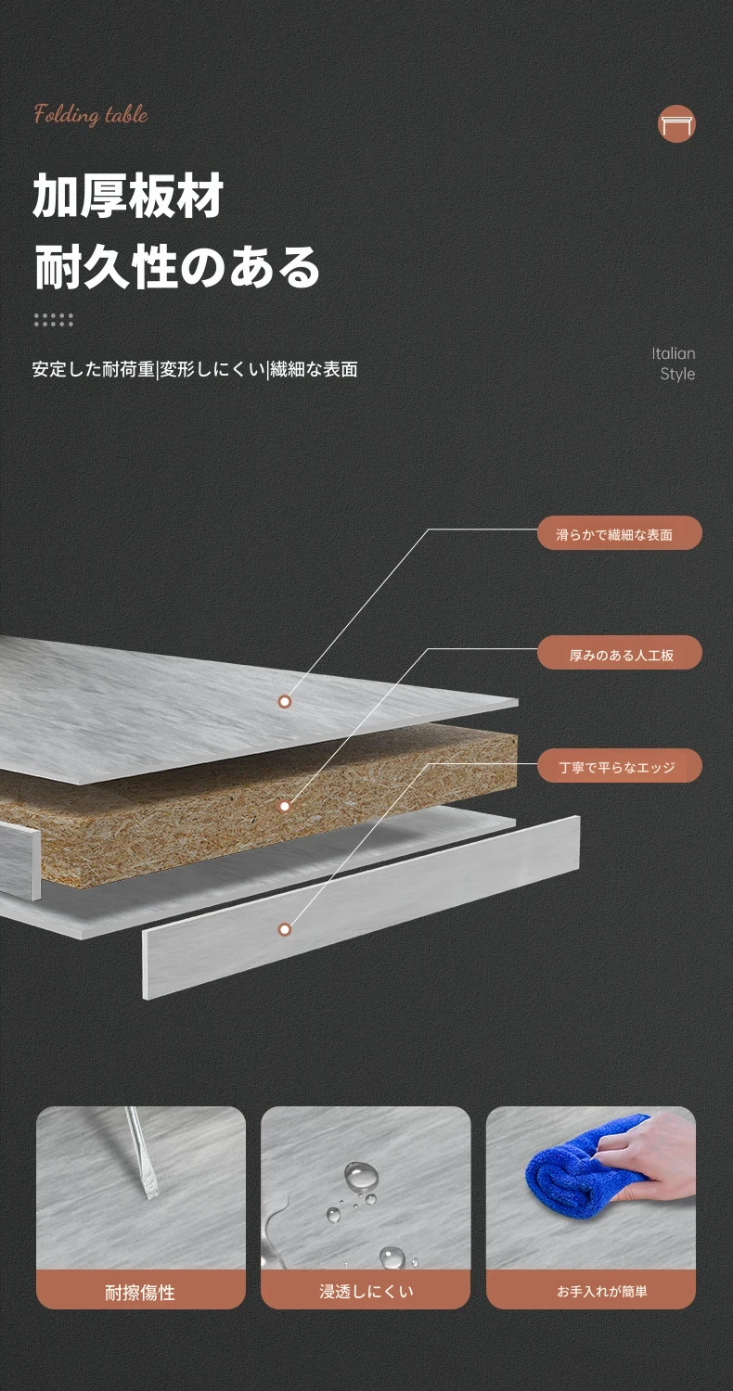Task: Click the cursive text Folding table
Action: coord(91,115)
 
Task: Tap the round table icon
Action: coord(676,123)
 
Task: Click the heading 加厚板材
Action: coord(128,196)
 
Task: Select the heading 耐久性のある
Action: coord(177,267)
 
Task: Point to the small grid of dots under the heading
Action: coord(54,320)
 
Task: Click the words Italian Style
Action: coord(674,364)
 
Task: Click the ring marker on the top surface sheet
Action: coord(285,702)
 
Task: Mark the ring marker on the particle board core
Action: coord(285,806)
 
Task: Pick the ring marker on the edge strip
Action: coord(285,929)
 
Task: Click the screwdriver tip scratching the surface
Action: coord(150,1194)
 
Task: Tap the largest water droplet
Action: coord(361,1174)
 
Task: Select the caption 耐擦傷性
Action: coord(140,1293)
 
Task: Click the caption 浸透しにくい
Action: coord(366,1292)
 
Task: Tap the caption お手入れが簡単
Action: coord(602,1292)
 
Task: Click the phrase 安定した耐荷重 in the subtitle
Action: coord(93,369)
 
